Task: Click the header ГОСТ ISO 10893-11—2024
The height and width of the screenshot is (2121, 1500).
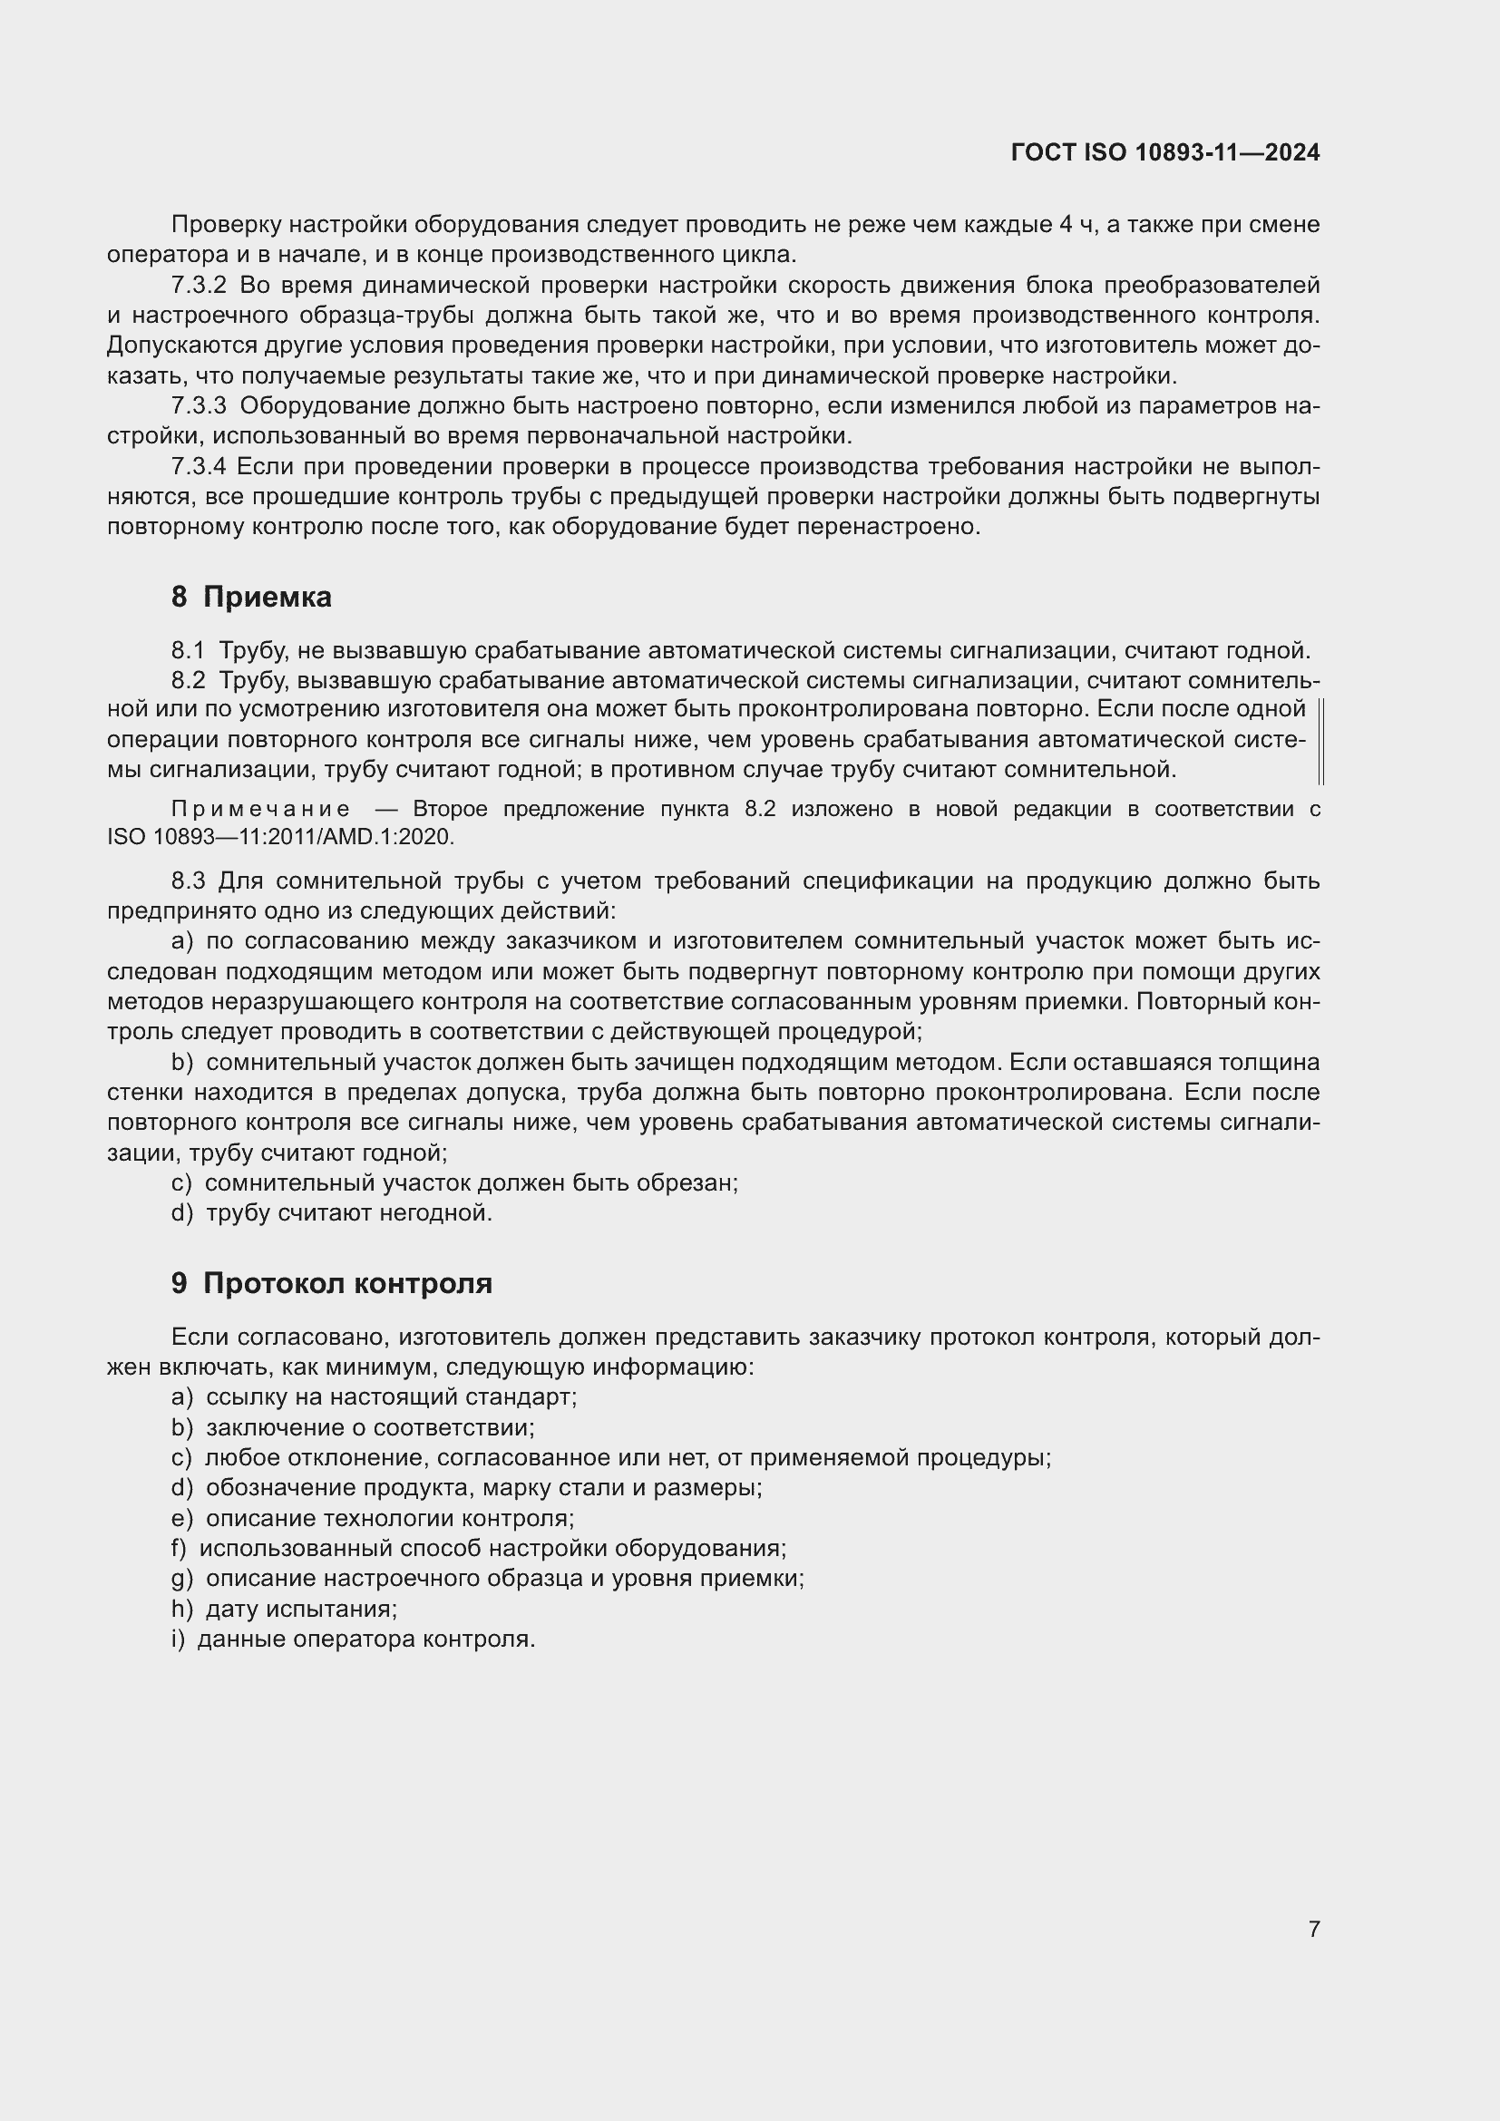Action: tap(1164, 152)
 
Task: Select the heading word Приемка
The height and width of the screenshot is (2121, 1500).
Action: tap(267, 598)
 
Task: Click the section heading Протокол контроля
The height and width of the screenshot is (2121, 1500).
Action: tap(347, 1283)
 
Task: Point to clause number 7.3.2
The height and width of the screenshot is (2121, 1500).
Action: tap(199, 286)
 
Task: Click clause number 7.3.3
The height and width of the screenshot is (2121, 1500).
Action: tap(199, 406)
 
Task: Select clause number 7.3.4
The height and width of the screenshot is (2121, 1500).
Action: tap(199, 467)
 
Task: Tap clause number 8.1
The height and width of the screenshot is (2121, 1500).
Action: tap(188, 651)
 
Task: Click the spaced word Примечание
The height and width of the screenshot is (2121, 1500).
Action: tap(260, 810)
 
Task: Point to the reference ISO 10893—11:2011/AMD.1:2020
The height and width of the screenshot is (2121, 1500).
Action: tap(281, 838)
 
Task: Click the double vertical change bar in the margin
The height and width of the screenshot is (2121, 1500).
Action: tap(1320, 742)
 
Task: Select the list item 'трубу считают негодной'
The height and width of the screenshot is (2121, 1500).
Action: tap(348, 1213)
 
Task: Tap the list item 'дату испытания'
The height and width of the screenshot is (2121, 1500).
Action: tap(301, 1610)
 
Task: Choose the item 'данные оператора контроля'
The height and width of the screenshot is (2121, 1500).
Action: tap(365, 1639)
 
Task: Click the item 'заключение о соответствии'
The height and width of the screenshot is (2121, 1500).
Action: tap(369, 1427)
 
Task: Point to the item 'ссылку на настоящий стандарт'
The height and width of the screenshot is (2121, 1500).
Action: tap(391, 1396)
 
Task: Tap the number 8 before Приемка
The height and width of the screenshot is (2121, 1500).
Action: tap(180, 598)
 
